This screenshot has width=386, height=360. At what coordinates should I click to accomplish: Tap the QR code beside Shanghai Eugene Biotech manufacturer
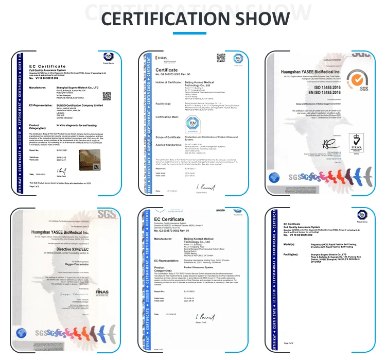pos(107,96)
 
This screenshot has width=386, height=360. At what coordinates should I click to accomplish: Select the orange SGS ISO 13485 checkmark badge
pos(355,80)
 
